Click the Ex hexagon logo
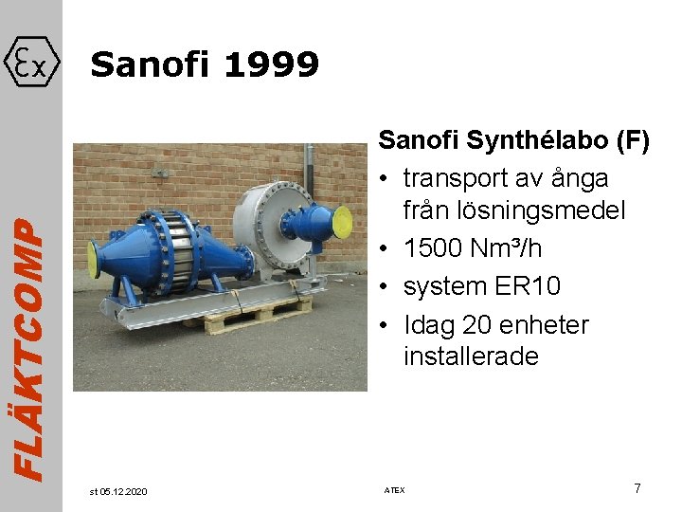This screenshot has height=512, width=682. click(x=32, y=64)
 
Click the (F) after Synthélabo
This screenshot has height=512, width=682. click(x=629, y=141)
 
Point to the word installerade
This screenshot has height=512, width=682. click(x=471, y=357)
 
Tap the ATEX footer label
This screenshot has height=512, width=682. click(x=394, y=490)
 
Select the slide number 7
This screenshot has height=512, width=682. click(x=637, y=488)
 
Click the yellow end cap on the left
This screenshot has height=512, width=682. click(x=93, y=258)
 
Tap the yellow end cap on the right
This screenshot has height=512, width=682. click(x=348, y=224)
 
